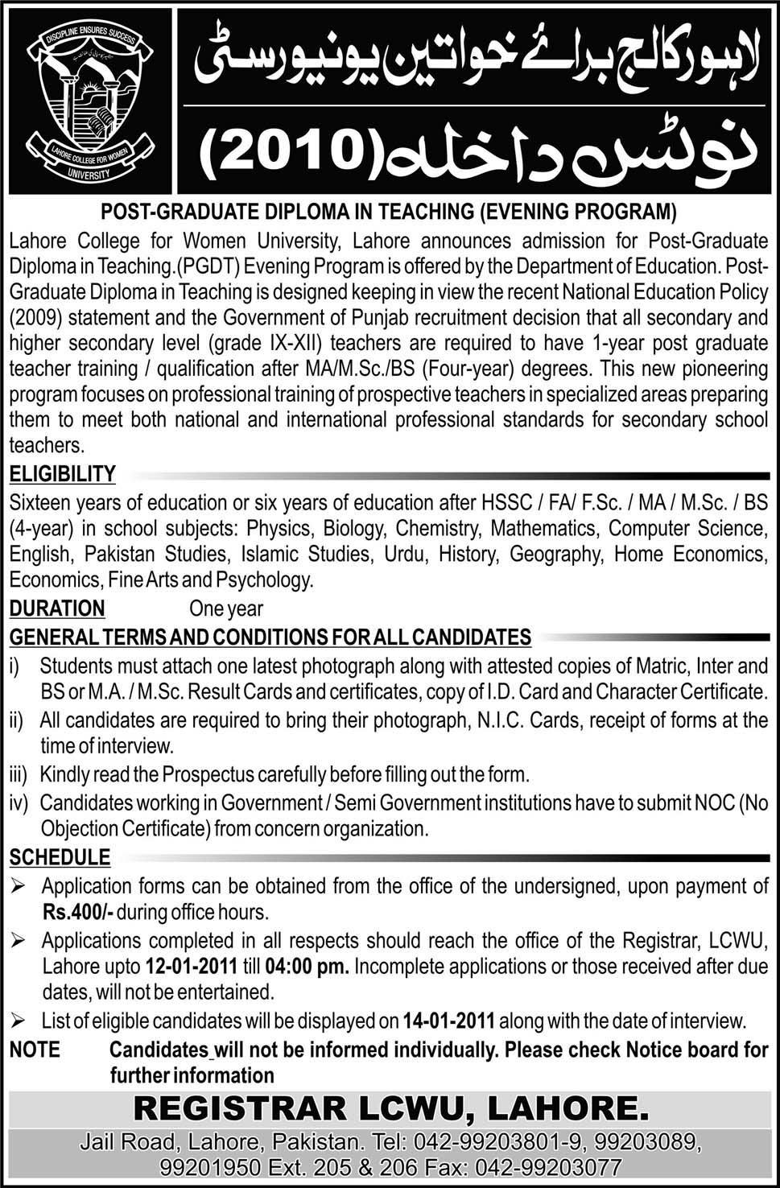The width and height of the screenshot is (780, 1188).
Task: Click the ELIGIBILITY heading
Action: coord(63,474)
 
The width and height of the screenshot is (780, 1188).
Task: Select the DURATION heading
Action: coord(57,608)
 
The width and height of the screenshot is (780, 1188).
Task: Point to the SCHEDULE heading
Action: coord(60,858)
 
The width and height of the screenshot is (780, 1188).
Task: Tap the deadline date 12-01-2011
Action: coord(192,966)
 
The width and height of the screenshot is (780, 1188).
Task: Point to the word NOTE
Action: coord(35,1050)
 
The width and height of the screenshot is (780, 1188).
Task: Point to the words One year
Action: coord(226,608)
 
